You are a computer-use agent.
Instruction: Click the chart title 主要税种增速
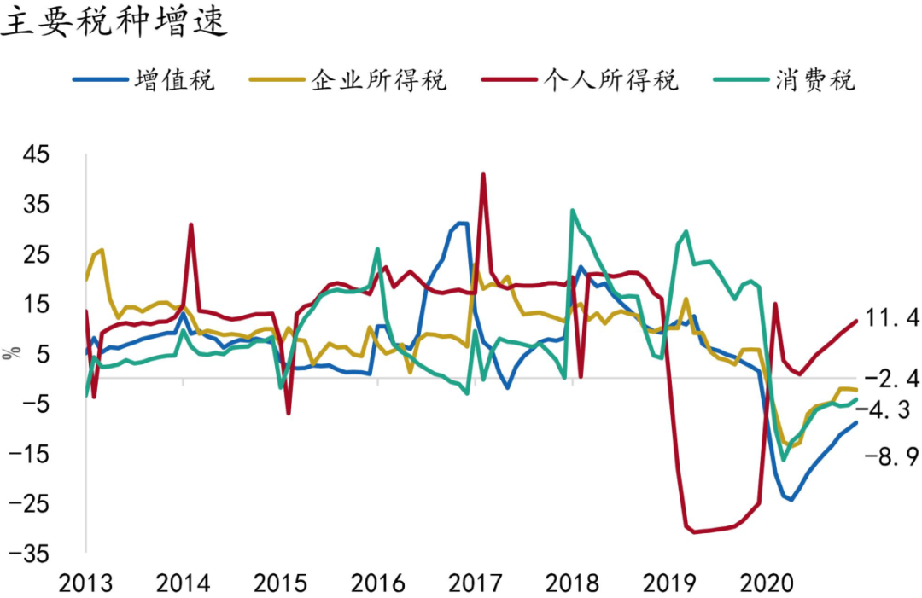tap(115, 22)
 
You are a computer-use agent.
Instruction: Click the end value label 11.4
tap(891, 318)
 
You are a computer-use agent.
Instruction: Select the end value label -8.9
tap(891, 457)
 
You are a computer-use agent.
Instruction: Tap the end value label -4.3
tap(891, 410)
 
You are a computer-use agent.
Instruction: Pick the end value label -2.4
tap(891, 378)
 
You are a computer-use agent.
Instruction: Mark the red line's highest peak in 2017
tap(483, 174)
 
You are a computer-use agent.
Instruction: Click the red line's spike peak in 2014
tap(191, 224)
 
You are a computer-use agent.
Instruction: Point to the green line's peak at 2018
tap(572, 210)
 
